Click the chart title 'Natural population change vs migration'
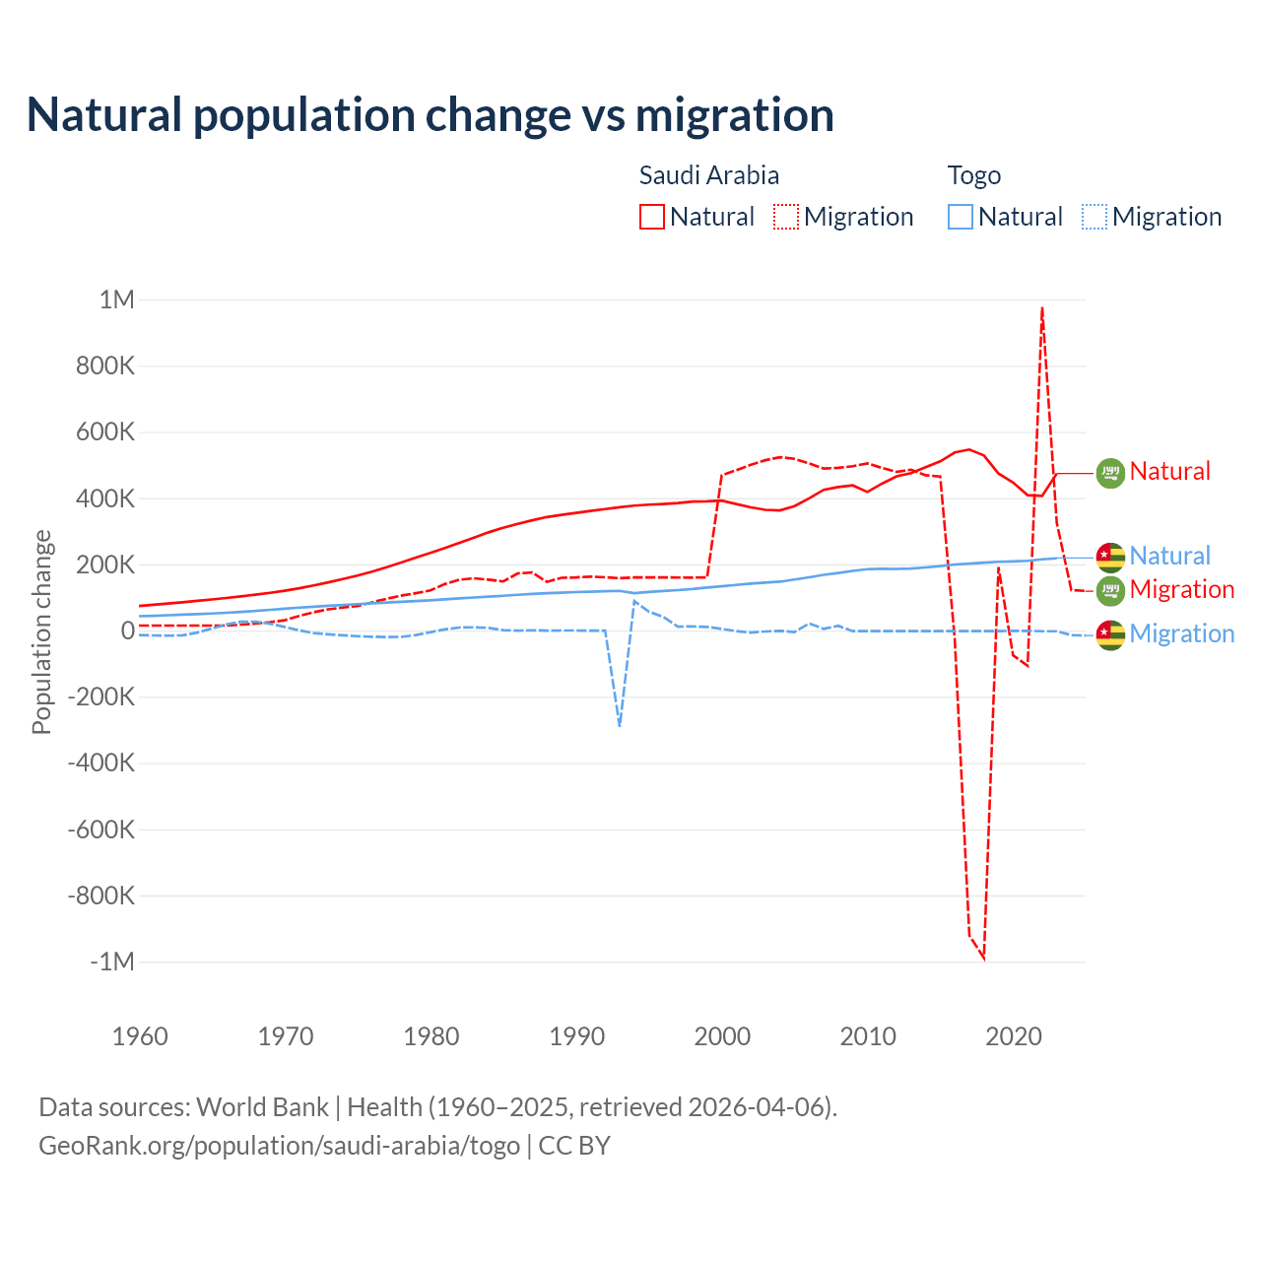tap(431, 114)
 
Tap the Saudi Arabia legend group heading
tap(708, 175)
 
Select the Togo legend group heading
tap(973, 175)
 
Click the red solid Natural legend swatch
tap(652, 217)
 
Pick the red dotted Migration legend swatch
tap(786, 217)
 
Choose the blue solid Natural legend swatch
tap(961, 217)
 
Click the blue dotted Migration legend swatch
tap(1095, 217)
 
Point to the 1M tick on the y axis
tap(117, 299)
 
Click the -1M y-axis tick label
tap(112, 962)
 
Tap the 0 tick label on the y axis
tap(127, 630)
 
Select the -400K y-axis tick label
tap(101, 763)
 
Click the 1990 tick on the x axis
tap(577, 1036)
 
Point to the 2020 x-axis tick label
tap(1014, 1036)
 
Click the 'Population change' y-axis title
tap(41, 631)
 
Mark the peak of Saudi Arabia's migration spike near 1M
tap(1042, 307)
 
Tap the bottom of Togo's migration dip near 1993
tap(620, 726)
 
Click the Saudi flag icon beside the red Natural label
tap(1110, 473)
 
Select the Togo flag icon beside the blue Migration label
tap(1110, 634)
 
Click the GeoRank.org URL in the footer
tap(279, 1146)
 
